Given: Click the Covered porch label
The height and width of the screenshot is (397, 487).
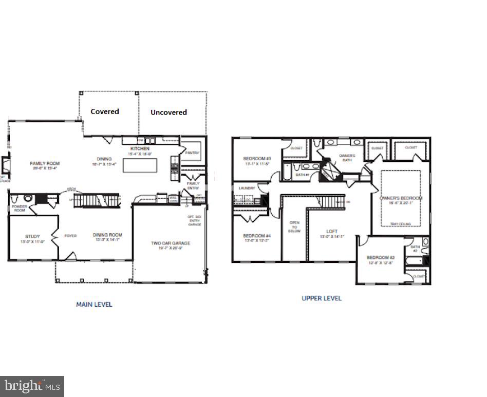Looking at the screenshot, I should [105, 111].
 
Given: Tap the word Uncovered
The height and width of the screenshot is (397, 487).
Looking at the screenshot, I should [168, 112].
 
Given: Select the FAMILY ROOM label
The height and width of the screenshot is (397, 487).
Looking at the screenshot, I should [45, 163].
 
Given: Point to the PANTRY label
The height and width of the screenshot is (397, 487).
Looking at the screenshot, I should [192, 153].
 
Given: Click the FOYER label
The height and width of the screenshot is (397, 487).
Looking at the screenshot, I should [70, 236].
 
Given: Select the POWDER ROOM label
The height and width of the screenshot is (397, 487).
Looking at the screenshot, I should [20, 208].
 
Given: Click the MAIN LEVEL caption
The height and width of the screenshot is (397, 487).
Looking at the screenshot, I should [94, 305].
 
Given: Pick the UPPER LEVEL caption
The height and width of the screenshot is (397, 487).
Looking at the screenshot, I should [322, 298].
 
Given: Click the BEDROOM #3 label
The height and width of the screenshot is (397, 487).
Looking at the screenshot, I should [257, 159].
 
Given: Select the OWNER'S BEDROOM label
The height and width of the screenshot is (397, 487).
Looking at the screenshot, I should [401, 198].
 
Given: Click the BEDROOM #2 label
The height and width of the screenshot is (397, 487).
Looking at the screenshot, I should [380, 257].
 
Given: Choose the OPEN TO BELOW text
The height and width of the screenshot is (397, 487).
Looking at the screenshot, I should [295, 227].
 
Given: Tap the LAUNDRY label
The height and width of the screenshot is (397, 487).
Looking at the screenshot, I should [247, 188].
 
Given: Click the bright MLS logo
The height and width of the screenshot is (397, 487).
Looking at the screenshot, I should [32, 385].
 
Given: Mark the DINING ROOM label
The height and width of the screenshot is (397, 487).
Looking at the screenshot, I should [107, 235].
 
